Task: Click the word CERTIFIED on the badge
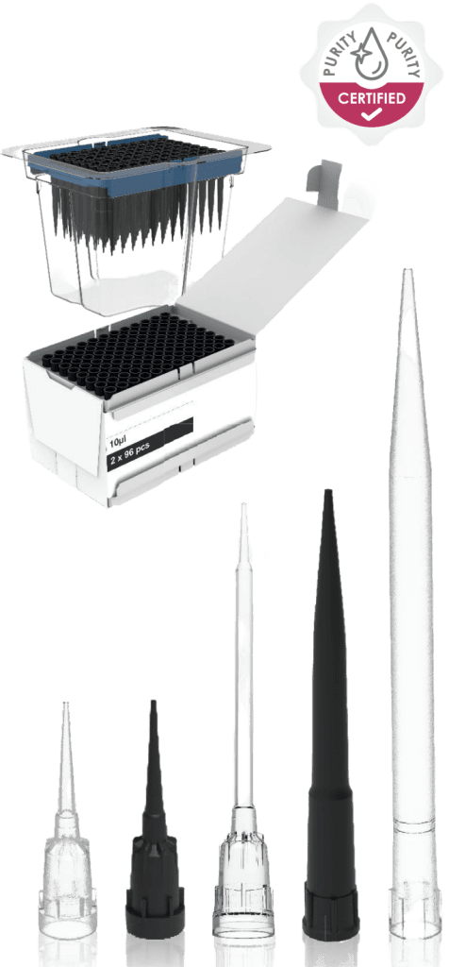(x=372, y=97)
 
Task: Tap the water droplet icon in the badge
(x=368, y=51)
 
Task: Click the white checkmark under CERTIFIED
(x=372, y=113)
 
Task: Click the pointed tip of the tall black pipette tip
(x=327, y=491)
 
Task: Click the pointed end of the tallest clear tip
(x=407, y=270)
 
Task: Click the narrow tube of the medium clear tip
(x=244, y=653)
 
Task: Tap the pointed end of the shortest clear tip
(x=65, y=704)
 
